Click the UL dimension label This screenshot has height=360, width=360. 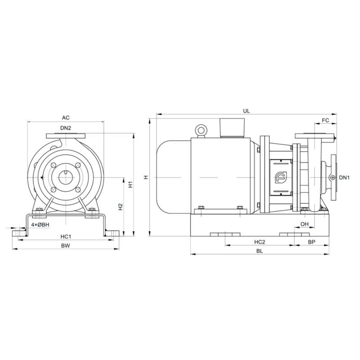(246, 110)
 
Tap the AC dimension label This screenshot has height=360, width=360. (66, 118)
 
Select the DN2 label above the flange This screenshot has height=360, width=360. (66, 128)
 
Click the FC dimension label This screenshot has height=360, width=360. (326, 121)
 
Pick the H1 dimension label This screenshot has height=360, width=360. (130, 184)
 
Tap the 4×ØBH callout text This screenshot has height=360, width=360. (40, 224)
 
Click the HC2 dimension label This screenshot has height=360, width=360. (260, 242)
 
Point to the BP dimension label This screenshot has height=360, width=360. (311, 242)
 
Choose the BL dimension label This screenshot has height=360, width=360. (260, 252)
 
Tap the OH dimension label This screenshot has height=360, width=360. (305, 224)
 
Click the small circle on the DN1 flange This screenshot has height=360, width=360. (332, 178)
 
